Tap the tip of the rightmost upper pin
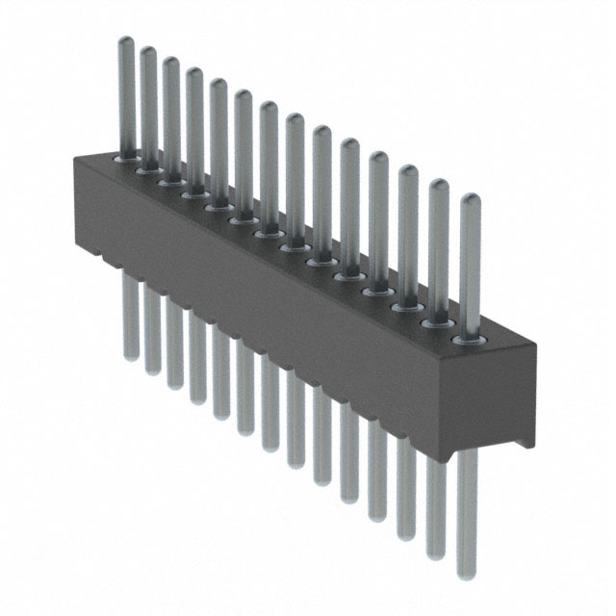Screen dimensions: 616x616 point(470,198)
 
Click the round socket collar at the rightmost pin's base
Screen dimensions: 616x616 point(469,339)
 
